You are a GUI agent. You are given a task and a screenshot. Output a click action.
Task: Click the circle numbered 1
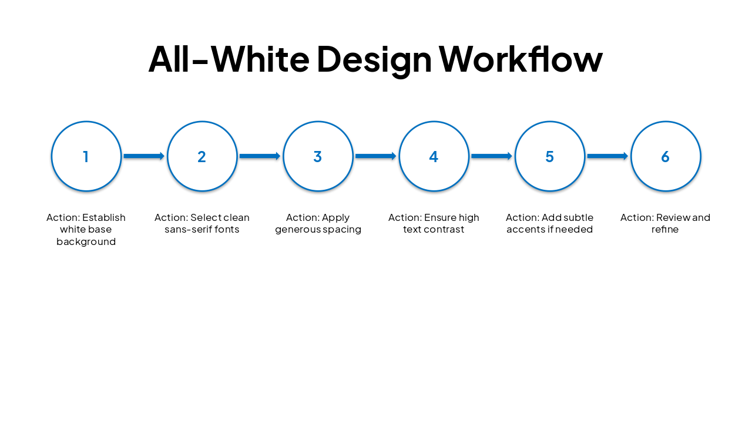coord(86,156)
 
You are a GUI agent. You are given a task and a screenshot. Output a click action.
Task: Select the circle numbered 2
coord(202,156)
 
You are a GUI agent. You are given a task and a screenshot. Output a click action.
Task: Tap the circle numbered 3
coord(318,156)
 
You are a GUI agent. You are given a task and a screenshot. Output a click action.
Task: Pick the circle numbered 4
coord(434,156)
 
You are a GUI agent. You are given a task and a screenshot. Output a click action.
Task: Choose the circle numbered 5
coord(550,156)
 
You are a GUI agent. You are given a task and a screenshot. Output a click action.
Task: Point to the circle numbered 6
coord(666,156)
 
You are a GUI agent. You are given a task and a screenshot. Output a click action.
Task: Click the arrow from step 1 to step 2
coord(144,156)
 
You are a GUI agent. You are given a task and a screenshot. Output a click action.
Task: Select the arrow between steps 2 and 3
coord(260,156)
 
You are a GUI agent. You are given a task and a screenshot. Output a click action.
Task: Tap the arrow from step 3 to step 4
coord(375,156)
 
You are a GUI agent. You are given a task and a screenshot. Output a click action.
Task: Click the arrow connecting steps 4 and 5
coord(492,156)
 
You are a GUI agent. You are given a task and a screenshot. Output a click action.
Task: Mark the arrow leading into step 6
coord(607,156)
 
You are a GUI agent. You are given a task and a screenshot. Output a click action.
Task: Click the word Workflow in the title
coord(521,59)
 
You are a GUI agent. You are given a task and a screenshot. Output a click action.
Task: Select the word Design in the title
coord(374,59)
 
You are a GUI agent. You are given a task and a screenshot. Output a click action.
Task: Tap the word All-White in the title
coord(229,59)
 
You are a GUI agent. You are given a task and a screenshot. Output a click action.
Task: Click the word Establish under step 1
coord(104,217)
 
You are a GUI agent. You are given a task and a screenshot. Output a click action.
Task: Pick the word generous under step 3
coord(297,230)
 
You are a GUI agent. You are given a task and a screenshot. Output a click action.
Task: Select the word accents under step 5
coord(525,230)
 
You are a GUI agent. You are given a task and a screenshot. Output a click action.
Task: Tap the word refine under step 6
coord(665,230)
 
